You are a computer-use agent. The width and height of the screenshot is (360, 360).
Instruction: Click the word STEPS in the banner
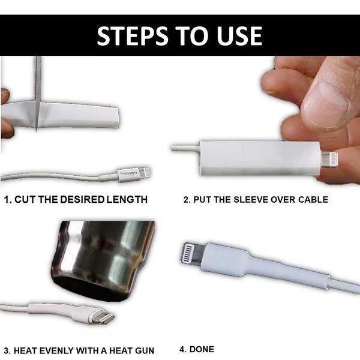tap(132, 35)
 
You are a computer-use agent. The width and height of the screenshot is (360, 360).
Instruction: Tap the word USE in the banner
tap(239, 35)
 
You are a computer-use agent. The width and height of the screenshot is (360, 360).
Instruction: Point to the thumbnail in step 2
tap(325, 104)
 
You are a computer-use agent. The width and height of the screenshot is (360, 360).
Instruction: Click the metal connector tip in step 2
tap(329, 159)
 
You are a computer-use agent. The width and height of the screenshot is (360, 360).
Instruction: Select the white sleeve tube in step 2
tap(260, 158)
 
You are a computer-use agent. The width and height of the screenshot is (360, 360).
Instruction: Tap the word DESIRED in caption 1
tap(82, 199)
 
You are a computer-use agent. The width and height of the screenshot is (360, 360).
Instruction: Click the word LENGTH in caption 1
tap(127, 199)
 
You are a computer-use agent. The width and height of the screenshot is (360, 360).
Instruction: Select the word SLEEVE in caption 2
tap(251, 199)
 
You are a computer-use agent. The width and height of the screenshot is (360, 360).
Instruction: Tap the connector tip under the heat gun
tap(103, 317)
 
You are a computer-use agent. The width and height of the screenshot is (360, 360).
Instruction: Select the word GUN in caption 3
tap(145, 350)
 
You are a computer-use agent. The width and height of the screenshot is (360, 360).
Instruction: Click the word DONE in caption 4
tap(202, 349)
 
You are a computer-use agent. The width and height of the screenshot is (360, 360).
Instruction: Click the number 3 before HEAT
tap(7, 350)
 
